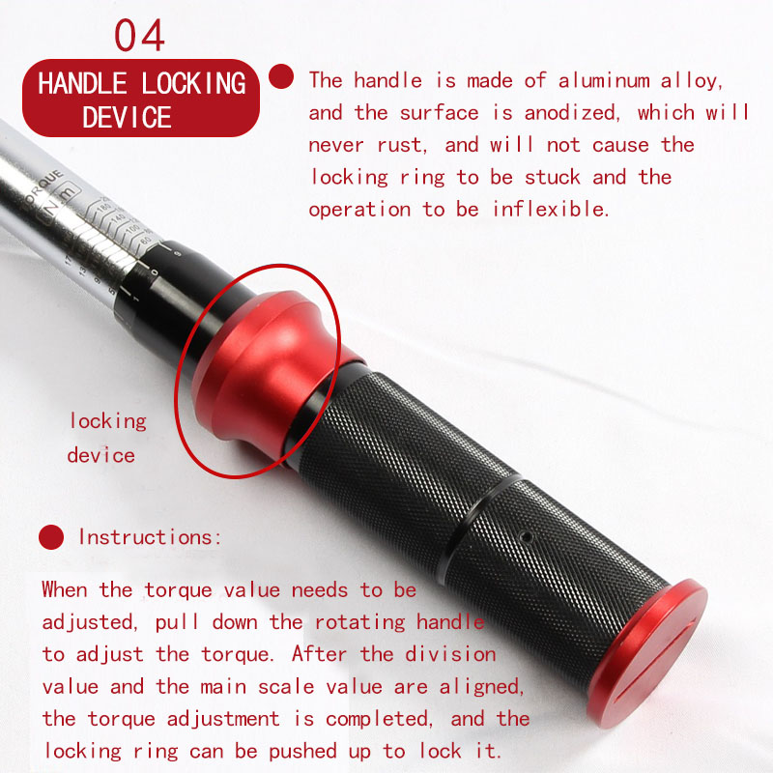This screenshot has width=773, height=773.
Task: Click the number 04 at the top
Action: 139,35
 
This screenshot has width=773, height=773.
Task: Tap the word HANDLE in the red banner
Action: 82,83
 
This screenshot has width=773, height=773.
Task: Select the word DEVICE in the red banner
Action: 127,117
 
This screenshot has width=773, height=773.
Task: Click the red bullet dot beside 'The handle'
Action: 281,76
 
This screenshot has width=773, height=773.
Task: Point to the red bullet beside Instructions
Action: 51,537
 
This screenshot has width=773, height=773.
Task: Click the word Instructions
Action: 150,537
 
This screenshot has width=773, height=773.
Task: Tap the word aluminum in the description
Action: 604,81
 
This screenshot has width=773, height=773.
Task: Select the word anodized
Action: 571,113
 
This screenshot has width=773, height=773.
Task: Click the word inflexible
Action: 551,209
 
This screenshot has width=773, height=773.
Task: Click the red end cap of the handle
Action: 648,653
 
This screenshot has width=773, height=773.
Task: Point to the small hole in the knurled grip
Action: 527,536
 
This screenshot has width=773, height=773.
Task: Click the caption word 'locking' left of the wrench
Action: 108,422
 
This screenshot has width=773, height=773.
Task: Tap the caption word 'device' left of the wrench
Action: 101,455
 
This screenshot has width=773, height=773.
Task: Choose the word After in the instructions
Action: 320,654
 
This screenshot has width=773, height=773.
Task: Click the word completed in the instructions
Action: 379,719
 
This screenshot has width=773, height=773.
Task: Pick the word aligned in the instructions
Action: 481,687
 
